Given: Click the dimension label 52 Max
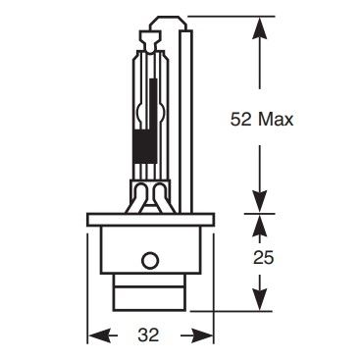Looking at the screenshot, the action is (x=262, y=120).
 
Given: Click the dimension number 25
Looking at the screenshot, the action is (x=263, y=258).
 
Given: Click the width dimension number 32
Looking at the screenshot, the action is (x=149, y=335).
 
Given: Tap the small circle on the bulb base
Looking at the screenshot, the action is (x=150, y=261).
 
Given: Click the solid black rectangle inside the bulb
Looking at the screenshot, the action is (x=145, y=146).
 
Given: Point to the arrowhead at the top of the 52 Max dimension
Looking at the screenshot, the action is (x=260, y=26).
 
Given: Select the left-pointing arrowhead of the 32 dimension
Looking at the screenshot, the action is (x=99, y=335).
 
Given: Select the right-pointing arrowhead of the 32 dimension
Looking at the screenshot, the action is (x=202, y=335).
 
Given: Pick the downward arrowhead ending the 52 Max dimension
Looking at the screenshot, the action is (x=260, y=202).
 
